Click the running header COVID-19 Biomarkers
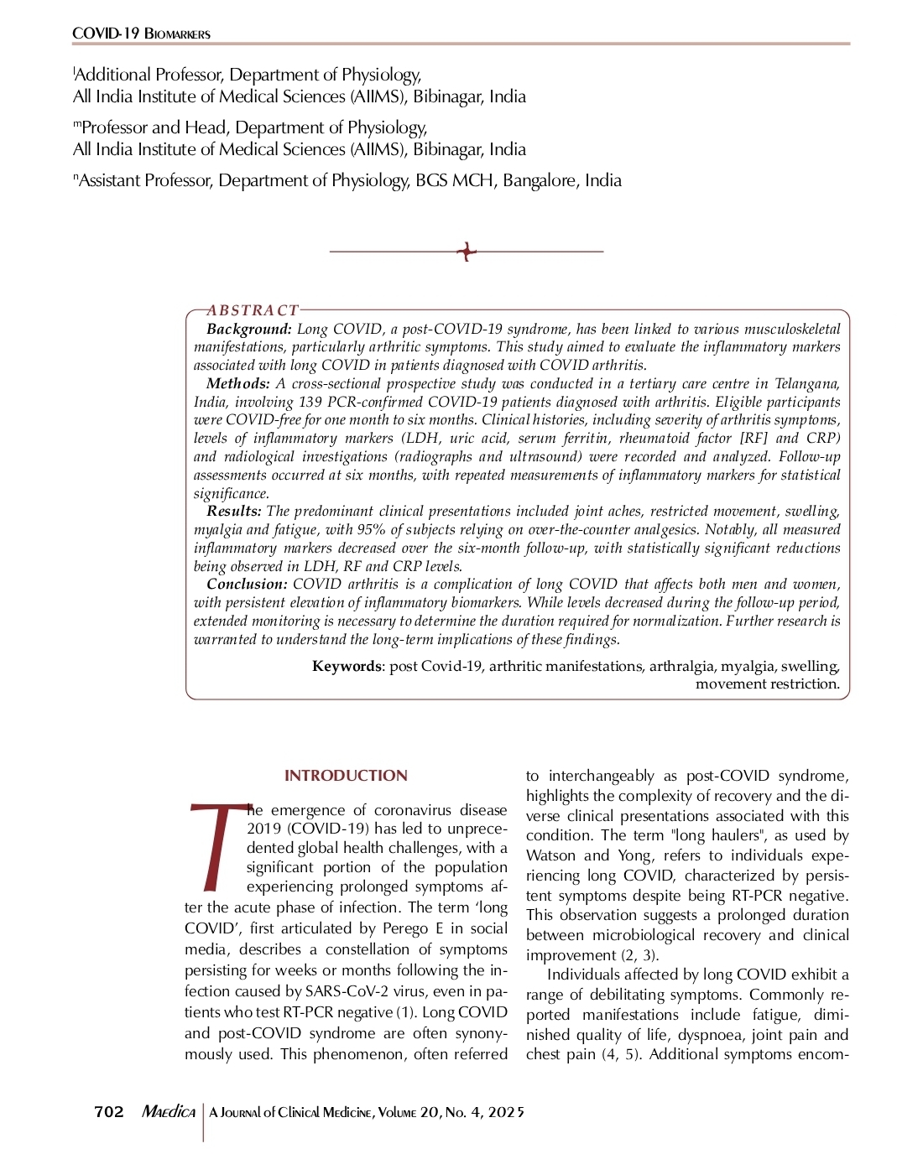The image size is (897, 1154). click(x=141, y=34)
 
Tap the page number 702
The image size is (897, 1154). click(x=109, y=1112)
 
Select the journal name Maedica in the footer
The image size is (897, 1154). click(x=169, y=1112)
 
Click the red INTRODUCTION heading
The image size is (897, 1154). click(x=346, y=776)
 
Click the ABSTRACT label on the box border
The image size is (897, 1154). click(x=253, y=310)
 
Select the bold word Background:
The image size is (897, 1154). click(x=249, y=330)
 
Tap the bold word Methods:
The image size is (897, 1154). click(x=238, y=384)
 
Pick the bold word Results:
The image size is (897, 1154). click(x=234, y=512)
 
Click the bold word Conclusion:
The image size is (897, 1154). click(x=247, y=585)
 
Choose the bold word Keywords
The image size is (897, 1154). click(x=347, y=667)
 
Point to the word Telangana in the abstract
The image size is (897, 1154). click(x=806, y=384)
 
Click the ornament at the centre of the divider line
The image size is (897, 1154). click(x=467, y=251)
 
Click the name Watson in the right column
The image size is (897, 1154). click(x=550, y=855)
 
